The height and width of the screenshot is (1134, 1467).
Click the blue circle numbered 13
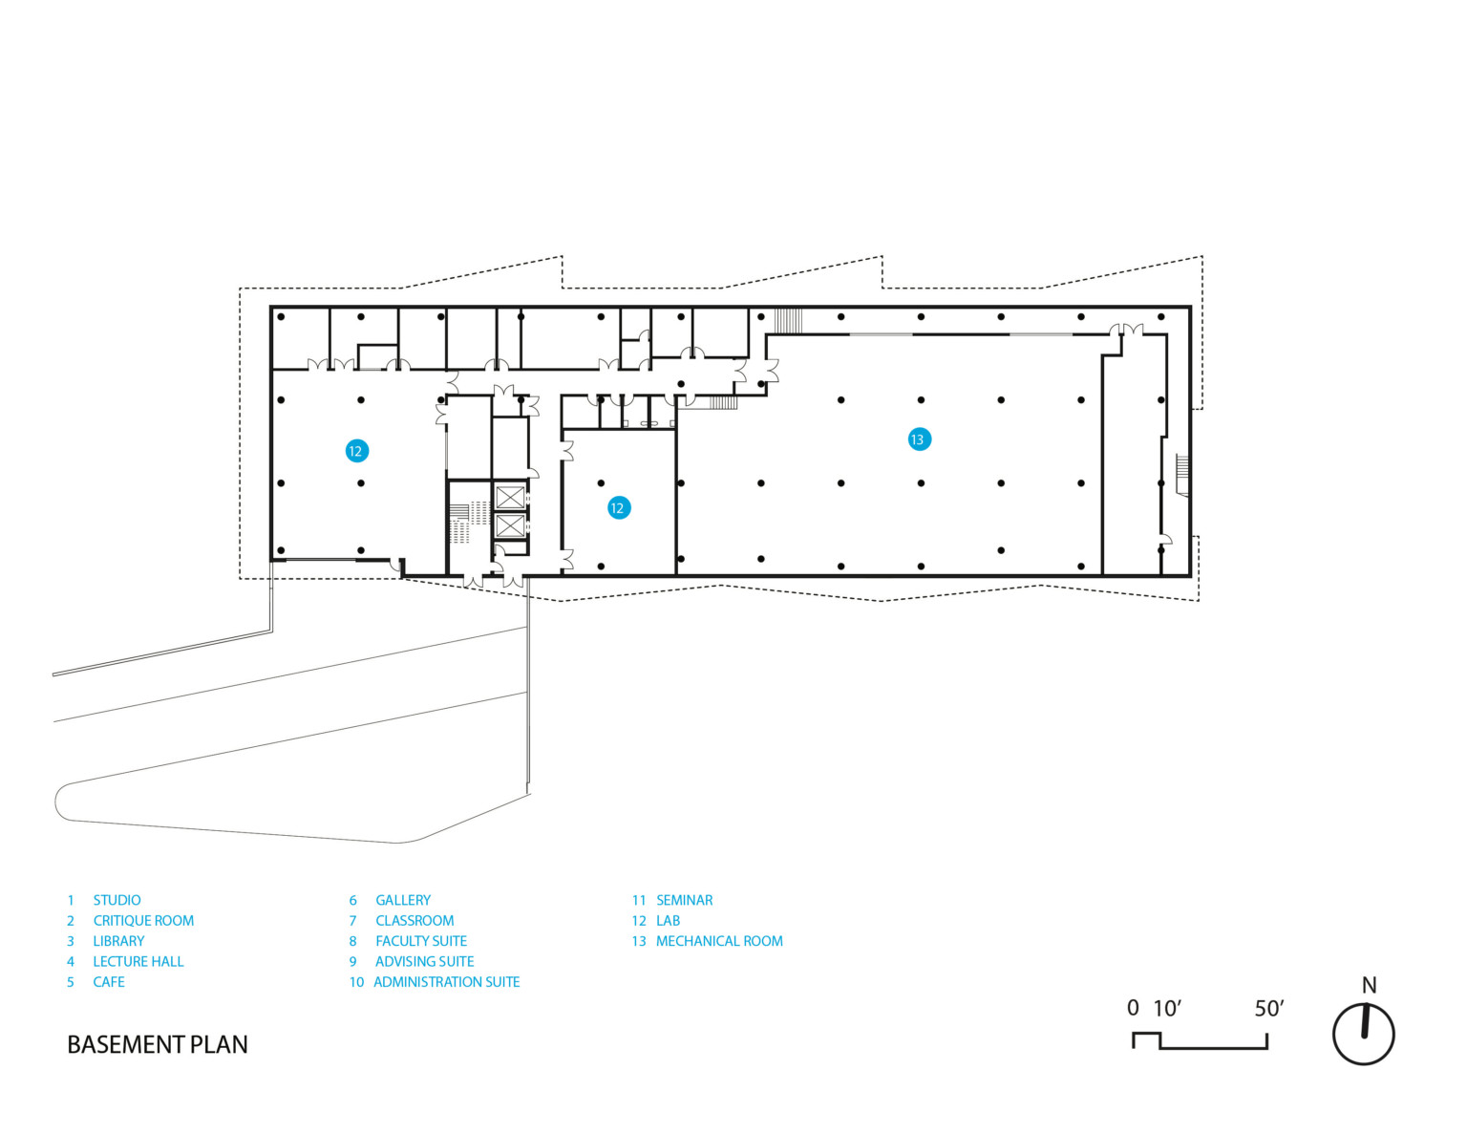point(919,439)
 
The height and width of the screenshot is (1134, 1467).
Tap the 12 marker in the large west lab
point(356,451)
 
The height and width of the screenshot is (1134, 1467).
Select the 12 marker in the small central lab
point(618,507)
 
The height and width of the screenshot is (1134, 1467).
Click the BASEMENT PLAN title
point(158,1044)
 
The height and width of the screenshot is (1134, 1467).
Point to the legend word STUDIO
point(117,900)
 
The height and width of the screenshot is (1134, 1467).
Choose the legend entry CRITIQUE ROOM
point(143,920)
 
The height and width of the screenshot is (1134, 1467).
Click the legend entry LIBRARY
point(118,940)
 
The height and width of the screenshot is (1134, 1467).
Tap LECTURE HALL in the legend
point(138,961)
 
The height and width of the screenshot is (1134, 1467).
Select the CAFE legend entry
point(109,981)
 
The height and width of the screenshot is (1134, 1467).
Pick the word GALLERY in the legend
point(403,900)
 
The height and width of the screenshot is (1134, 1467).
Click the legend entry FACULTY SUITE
point(421,940)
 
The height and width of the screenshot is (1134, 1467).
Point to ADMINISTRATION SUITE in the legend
point(447,981)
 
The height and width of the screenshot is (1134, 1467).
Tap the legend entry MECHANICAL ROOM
point(720,940)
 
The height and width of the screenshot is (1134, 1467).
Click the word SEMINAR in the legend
point(685,900)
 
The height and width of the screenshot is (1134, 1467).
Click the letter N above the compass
point(1370,986)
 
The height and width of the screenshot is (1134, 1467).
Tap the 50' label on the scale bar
point(1268,1009)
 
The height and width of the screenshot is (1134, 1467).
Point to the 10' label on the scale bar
point(1167,1009)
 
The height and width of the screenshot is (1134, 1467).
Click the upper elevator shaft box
point(510,498)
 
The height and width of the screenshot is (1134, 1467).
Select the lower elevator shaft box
point(510,525)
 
